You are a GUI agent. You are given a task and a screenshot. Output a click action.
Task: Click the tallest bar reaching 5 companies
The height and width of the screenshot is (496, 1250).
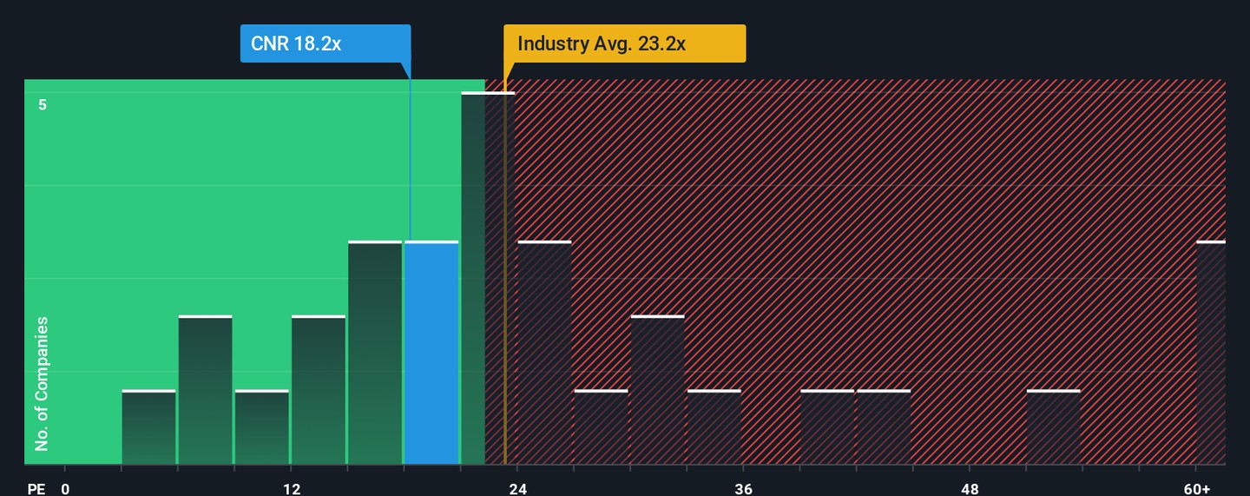pos(487,278)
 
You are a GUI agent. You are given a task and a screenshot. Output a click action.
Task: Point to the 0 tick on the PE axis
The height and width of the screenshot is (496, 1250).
pos(65,488)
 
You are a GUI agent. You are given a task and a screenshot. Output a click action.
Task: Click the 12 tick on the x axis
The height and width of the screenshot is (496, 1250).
pos(292,488)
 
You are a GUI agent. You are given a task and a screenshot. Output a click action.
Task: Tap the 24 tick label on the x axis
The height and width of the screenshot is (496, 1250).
pos(517,488)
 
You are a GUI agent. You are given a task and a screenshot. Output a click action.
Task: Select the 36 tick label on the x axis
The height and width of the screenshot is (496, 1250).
pos(744,488)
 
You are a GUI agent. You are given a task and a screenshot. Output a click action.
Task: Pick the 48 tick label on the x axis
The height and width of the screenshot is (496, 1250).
pos(970,488)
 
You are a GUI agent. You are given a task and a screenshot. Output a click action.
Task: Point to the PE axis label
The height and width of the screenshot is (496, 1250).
pos(36,488)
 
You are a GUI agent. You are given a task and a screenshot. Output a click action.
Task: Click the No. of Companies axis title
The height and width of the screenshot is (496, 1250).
pos(42,384)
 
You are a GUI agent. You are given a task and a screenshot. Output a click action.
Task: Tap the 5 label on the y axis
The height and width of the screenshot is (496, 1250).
pos(42,105)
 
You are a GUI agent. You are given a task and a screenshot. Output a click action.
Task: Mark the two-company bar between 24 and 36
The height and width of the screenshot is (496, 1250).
pos(657,390)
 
